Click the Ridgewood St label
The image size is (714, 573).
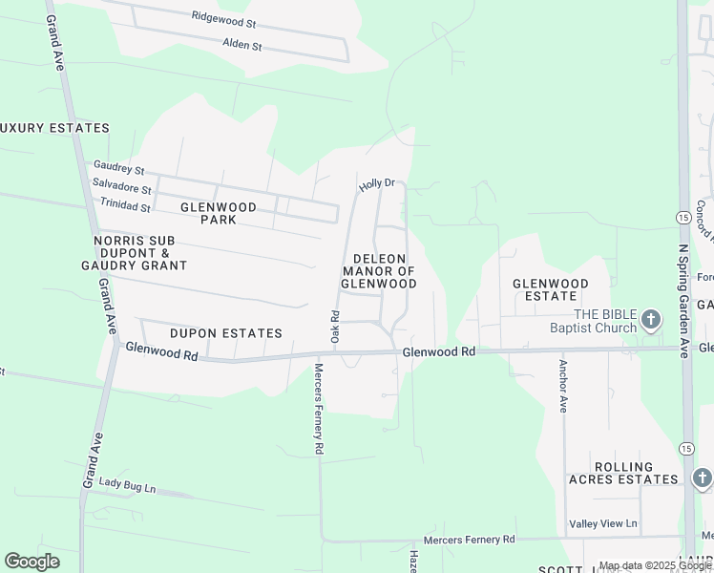[224, 17]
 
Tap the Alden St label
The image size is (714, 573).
[241, 45]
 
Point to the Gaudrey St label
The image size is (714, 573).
[118, 168]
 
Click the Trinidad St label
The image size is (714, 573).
[125, 205]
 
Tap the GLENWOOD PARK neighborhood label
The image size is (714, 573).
[219, 214]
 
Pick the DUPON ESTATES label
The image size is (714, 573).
[226, 333]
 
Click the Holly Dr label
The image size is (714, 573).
[376, 183]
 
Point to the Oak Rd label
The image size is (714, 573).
[335, 327]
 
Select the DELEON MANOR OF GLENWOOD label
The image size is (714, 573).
[379, 271]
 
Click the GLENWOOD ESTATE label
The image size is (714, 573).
[558, 290]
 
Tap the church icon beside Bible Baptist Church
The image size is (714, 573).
[651, 320]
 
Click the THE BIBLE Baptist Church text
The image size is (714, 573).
[593, 321]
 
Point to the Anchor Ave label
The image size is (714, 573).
[563, 385]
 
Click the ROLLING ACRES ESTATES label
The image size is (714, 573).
[624, 474]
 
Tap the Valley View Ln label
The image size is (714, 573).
[603, 524]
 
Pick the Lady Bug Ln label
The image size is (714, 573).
[127, 487]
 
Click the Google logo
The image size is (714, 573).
[31, 562]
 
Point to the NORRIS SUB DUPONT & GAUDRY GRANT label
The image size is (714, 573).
[139, 253]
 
